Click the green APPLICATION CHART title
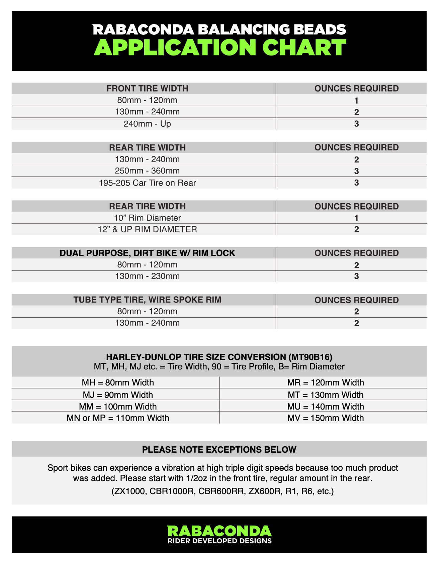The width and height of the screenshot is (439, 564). [220, 47]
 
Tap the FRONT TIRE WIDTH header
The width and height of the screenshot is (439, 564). [147, 89]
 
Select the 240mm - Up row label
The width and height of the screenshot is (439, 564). [147, 124]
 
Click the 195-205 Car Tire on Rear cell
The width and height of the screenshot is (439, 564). [147, 183]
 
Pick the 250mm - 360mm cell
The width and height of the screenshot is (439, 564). [147, 171]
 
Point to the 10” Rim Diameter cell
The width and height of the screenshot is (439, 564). [147, 218]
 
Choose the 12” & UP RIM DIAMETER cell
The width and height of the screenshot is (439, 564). [147, 229]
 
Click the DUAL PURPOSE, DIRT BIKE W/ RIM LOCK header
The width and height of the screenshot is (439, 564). [147, 253]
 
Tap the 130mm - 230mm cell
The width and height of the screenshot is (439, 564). [147, 276]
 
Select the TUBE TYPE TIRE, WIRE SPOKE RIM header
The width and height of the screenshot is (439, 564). [147, 300]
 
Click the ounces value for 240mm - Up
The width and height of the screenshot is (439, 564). [356, 124]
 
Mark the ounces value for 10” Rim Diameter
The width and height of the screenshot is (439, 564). [356, 218]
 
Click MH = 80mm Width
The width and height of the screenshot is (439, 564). [118, 382]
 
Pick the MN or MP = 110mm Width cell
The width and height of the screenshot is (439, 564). [118, 418]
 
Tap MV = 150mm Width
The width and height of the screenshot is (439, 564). [325, 418]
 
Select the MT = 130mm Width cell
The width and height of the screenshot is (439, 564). [325, 395]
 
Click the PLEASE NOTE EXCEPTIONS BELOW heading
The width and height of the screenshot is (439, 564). [219, 450]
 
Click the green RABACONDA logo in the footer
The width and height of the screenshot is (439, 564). [219, 531]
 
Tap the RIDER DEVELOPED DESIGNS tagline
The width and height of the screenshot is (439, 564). [219, 541]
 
